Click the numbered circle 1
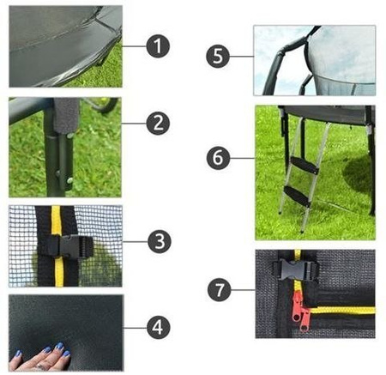159,46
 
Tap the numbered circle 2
159,124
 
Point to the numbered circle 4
159,326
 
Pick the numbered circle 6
220,159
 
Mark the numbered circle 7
220,290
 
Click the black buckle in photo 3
62,245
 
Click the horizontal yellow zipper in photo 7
343,311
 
